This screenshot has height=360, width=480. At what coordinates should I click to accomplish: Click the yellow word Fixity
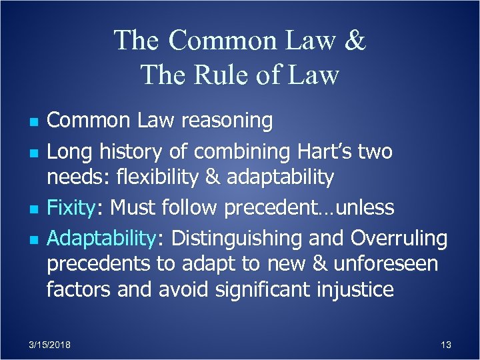tap(72, 207)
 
